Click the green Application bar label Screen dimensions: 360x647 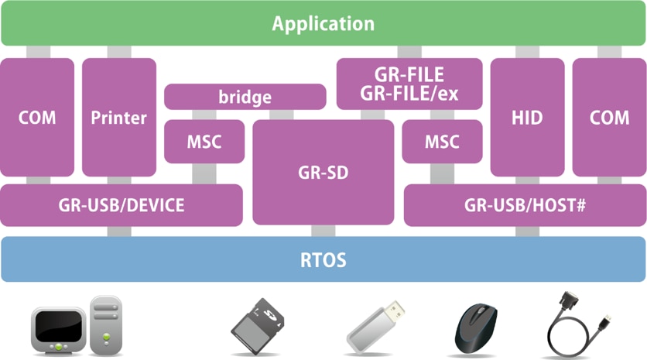point(323,23)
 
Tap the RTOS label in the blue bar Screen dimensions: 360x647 point(323,259)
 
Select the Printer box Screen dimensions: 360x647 point(118,118)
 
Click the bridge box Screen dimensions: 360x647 point(245,97)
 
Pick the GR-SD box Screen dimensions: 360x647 point(323,172)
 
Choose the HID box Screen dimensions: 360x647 point(527,118)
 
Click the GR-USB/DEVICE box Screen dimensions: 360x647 point(121,205)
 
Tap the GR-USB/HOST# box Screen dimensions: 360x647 point(524,205)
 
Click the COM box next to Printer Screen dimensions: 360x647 point(37,118)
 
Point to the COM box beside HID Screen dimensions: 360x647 point(609,118)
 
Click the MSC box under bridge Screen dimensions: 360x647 point(204,142)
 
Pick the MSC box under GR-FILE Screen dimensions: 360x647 point(442,142)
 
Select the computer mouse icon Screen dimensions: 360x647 point(478,325)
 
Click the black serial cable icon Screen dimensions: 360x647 point(577,325)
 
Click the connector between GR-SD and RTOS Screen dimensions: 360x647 point(323,231)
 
